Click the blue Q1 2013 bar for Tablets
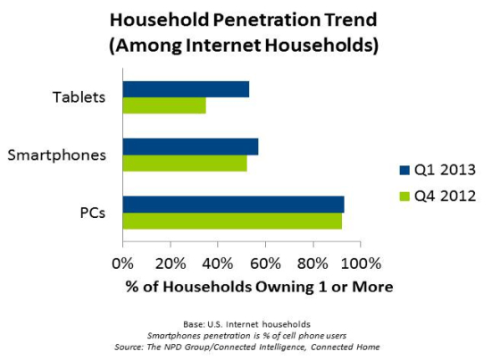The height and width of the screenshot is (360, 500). (186, 89)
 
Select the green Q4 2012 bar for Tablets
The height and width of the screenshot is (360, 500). (164, 105)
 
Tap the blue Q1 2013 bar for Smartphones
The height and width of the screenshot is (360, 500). (190, 147)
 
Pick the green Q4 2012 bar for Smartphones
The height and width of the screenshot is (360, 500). (185, 163)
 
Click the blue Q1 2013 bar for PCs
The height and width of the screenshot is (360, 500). (233, 205)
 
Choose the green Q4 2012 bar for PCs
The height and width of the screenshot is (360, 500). (232, 221)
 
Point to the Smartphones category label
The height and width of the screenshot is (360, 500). (57, 155)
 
